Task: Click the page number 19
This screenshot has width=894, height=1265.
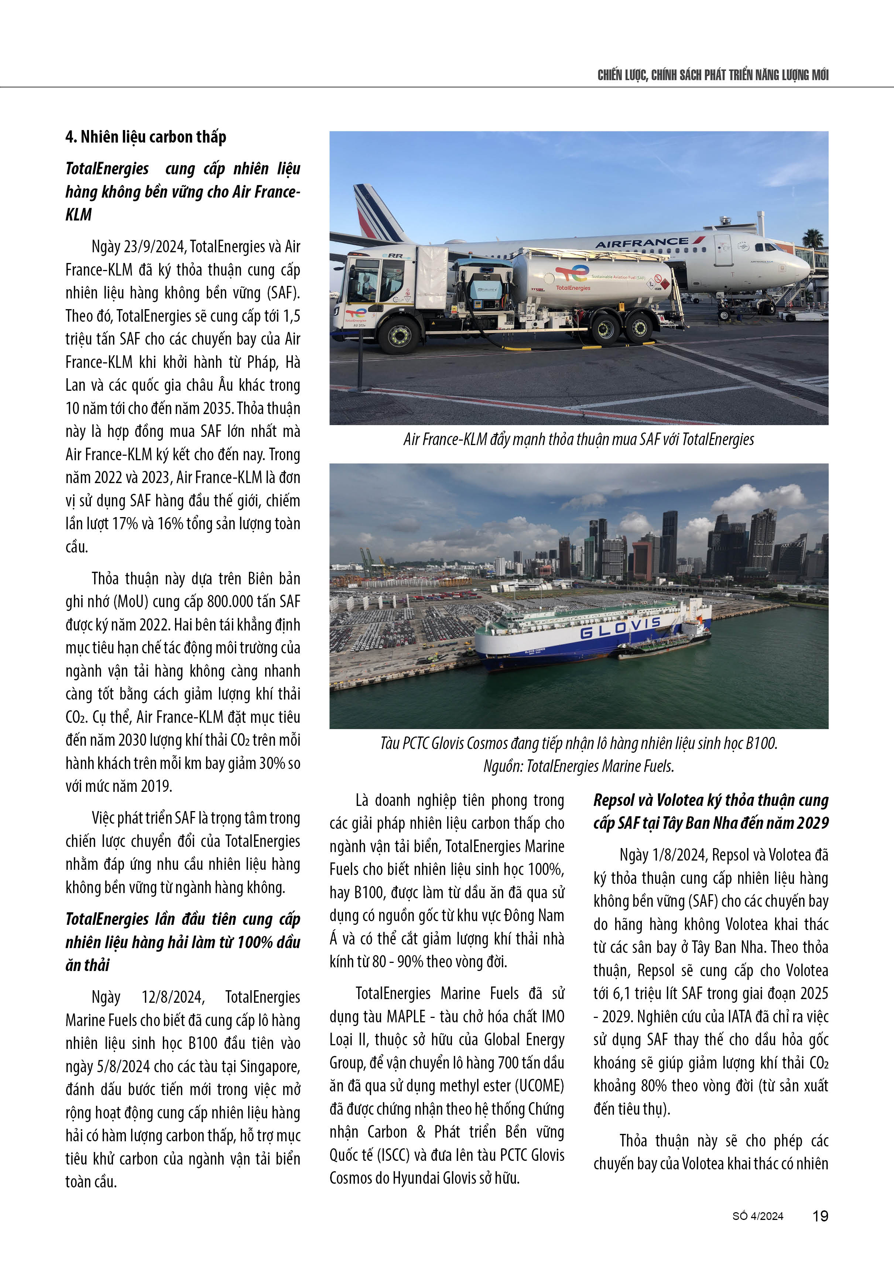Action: [820, 1216]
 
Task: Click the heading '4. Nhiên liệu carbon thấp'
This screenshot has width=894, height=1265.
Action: [146, 137]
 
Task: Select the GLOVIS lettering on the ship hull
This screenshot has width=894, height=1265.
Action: [620, 628]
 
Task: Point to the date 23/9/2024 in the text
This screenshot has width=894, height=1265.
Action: [154, 246]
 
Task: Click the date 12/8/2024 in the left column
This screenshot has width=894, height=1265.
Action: [173, 997]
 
